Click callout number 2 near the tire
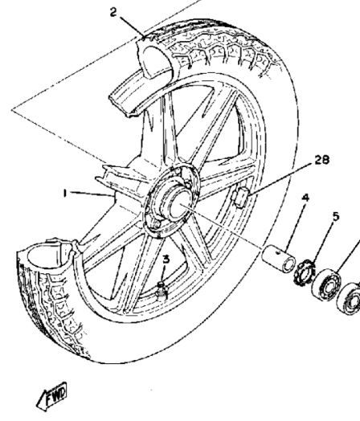pyautogui.click(x=113, y=12)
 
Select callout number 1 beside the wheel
pyautogui.click(x=64, y=193)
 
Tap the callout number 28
pyautogui.click(x=322, y=160)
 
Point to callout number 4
pyautogui.click(x=305, y=198)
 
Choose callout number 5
pyautogui.click(x=336, y=216)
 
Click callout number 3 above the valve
pyautogui.click(x=166, y=260)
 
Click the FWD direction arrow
pyautogui.click(x=51, y=397)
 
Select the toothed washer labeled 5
pyautogui.click(x=305, y=273)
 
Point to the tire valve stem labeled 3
pyautogui.click(x=162, y=291)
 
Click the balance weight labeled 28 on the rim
pyautogui.click(x=240, y=198)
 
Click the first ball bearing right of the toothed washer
pyautogui.click(x=326, y=284)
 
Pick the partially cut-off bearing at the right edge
pyautogui.click(x=349, y=298)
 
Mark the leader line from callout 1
pyautogui.click(x=92, y=194)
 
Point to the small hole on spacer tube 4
pyautogui.click(x=279, y=252)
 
